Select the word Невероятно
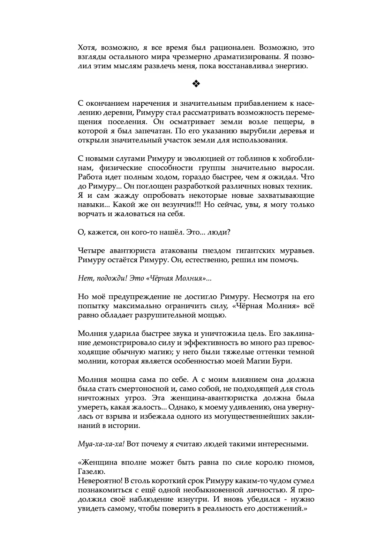click(x=100, y=481)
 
